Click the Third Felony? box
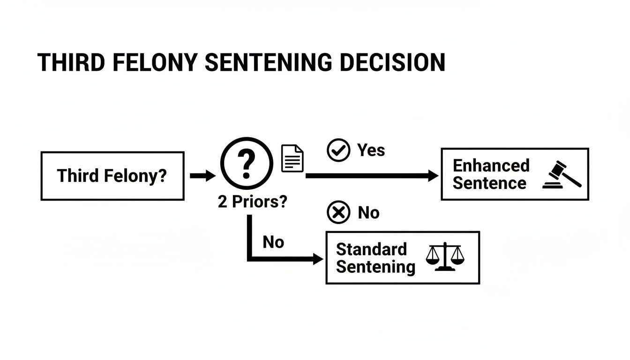(112, 176)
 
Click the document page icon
(292, 158)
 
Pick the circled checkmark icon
(338, 150)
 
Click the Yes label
(371, 150)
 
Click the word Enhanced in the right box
(491, 165)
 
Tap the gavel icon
(562, 175)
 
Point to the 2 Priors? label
(253, 202)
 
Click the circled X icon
(338, 213)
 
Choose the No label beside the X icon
(368, 213)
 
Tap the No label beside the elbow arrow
(273, 242)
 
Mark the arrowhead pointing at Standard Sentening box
(318, 259)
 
